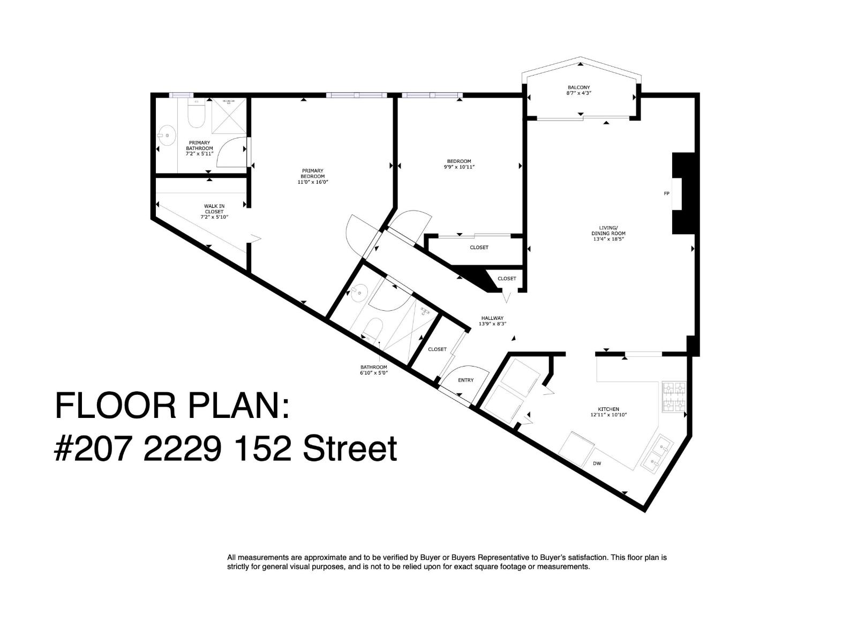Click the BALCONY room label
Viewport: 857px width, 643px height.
pyautogui.click(x=578, y=87)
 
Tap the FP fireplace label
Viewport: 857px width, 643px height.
pyautogui.click(x=667, y=193)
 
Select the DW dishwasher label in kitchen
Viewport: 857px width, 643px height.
pyautogui.click(x=597, y=463)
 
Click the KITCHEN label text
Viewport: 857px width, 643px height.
pyautogui.click(x=608, y=409)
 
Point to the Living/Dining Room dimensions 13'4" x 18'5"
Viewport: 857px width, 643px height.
pyautogui.click(x=608, y=239)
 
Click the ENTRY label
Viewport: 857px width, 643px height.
pyautogui.click(x=465, y=380)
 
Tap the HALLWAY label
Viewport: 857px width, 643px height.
pyautogui.click(x=492, y=318)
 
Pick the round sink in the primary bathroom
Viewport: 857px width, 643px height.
pyautogui.click(x=168, y=135)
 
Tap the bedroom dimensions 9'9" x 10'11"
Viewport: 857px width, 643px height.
pyautogui.click(x=459, y=167)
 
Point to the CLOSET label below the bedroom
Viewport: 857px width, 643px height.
pyautogui.click(x=479, y=248)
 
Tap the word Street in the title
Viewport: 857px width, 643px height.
pyautogui.click(x=350, y=449)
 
